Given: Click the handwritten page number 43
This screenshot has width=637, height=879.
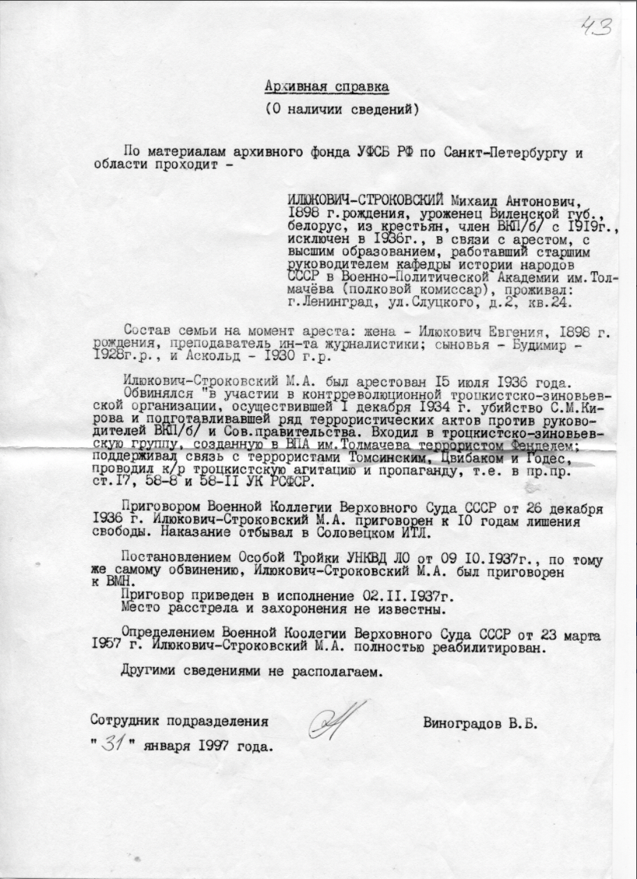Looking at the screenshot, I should click(597, 27).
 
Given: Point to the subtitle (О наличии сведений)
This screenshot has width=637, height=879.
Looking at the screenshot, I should click(342, 109).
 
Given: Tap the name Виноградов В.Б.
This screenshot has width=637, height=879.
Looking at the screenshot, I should click(480, 722).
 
